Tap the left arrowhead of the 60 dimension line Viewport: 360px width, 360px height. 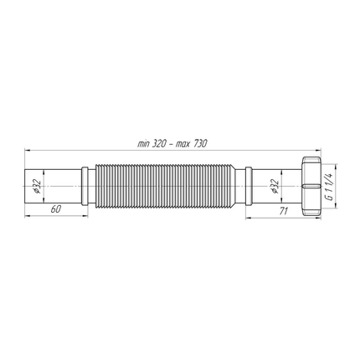pyautogui.click(x=28, y=217)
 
